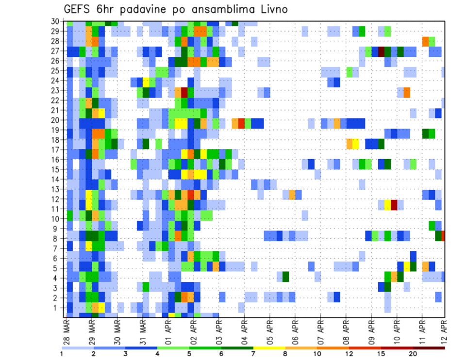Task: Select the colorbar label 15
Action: [x=382, y=354]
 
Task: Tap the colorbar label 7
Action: [x=254, y=354]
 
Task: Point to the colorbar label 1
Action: [x=62, y=354]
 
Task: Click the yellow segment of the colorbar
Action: [x=270, y=348]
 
